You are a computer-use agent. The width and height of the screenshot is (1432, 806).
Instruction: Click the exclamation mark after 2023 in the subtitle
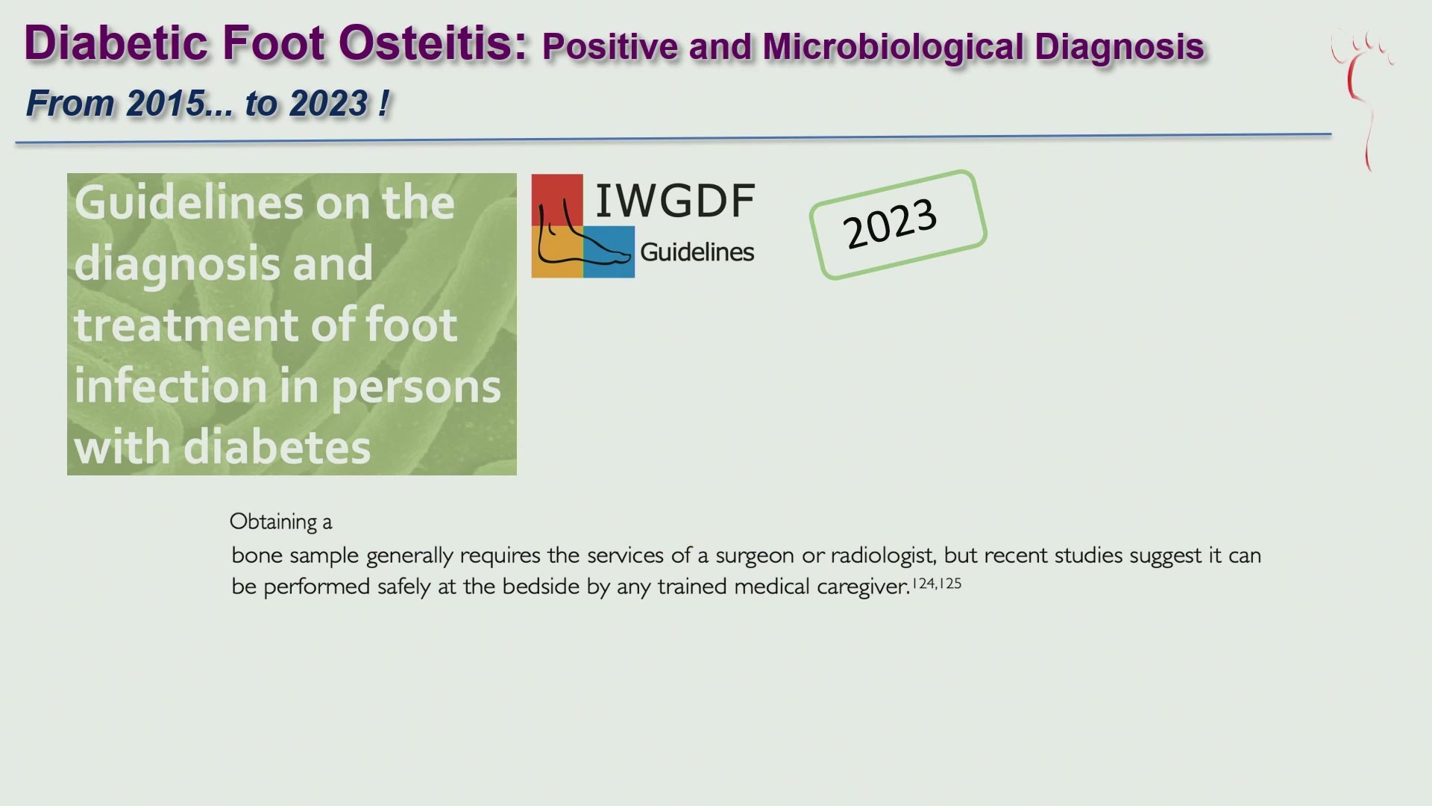(383, 102)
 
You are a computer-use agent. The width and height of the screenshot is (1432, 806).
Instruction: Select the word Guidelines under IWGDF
(697, 252)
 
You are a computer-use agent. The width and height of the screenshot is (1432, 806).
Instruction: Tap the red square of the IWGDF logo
(557, 200)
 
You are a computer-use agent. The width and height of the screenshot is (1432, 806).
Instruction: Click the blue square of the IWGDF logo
(609, 252)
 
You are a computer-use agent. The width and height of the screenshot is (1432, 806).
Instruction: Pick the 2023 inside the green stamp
(889, 224)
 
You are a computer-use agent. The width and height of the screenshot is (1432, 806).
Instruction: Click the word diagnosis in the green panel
(223, 265)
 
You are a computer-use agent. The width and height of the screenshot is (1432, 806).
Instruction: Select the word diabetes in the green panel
(277, 447)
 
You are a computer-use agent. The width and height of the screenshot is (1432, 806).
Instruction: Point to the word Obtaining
(273, 522)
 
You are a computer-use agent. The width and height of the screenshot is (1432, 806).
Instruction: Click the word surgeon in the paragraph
(755, 556)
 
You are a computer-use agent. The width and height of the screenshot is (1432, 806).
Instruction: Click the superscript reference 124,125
(937, 583)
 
